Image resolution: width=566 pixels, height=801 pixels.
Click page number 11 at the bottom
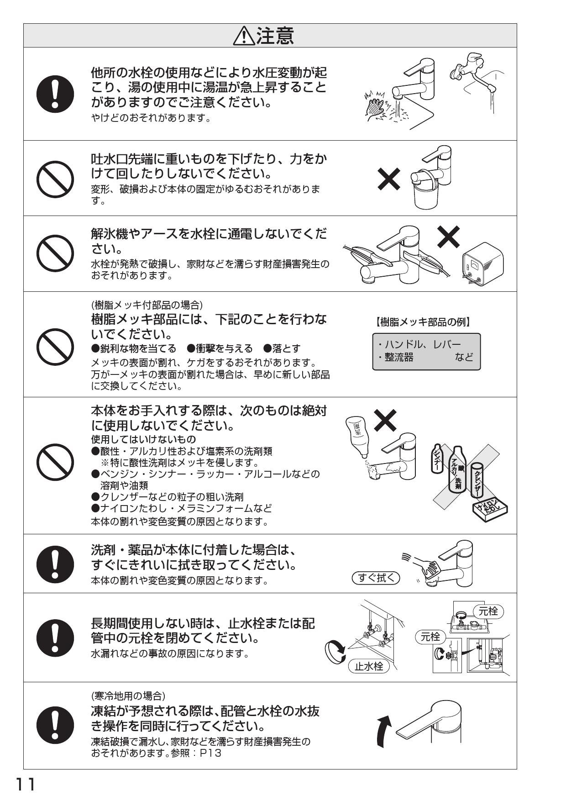[x=26, y=785]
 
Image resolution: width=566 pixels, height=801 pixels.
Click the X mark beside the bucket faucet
[x=389, y=179]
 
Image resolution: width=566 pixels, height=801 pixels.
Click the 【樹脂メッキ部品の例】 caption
[x=423, y=322]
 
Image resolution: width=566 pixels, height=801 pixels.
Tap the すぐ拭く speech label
[x=376, y=578]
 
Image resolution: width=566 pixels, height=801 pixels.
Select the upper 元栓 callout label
[x=487, y=611]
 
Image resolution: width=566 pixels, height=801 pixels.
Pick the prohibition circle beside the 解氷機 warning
[x=55, y=253]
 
